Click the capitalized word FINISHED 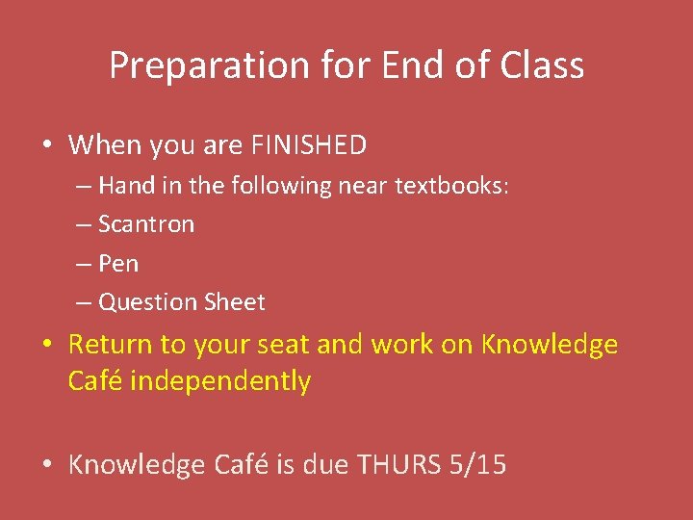[308, 145]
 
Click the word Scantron [146, 224]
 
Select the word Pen [118, 263]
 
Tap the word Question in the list [148, 302]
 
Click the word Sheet [234, 302]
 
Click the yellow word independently [220, 381]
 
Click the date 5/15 [477, 465]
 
